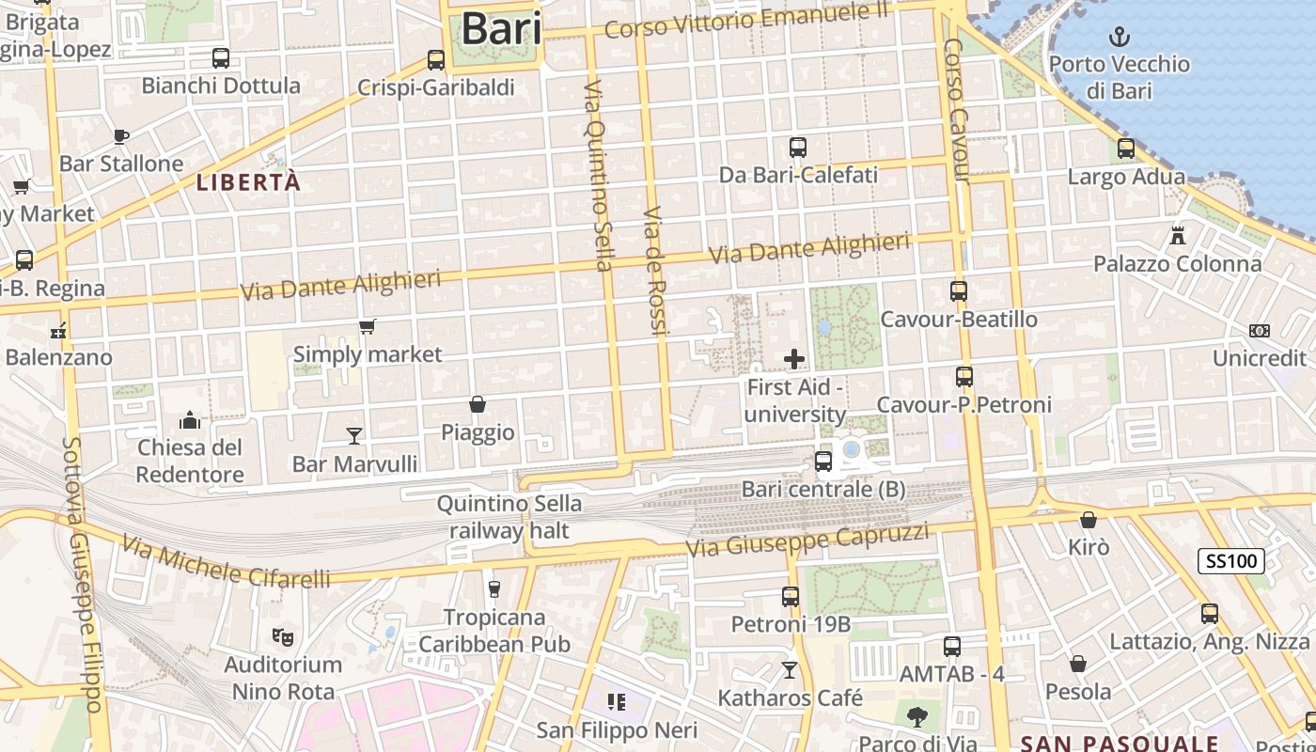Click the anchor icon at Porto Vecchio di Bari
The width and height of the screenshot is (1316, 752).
pyautogui.click(x=1119, y=38)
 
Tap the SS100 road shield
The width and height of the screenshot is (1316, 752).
pyautogui.click(x=1231, y=562)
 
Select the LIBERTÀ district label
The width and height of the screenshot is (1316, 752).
pyautogui.click(x=248, y=182)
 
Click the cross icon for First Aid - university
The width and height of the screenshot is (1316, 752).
pyautogui.click(x=794, y=358)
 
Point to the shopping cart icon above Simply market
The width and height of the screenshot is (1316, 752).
pyautogui.click(x=368, y=326)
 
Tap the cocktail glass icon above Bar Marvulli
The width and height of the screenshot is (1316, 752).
pyautogui.click(x=354, y=434)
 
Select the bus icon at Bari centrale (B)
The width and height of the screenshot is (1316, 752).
pyautogui.click(x=823, y=461)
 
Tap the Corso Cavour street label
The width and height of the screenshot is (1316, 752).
pyautogui.click(x=957, y=111)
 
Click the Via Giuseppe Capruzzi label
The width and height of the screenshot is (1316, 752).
pyautogui.click(x=807, y=540)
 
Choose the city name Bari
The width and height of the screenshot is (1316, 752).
pyautogui.click(x=501, y=28)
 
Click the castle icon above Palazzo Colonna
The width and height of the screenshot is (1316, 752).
pyautogui.click(x=1177, y=235)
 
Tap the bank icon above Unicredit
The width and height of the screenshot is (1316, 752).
pyautogui.click(x=1260, y=331)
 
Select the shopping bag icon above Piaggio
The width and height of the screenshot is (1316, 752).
pyautogui.click(x=478, y=404)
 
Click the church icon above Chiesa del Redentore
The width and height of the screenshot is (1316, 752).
pyautogui.click(x=190, y=419)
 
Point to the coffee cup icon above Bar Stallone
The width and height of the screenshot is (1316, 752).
pyautogui.click(x=121, y=136)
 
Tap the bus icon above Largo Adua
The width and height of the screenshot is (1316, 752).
pyautogui.click(x=1126, y=149)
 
